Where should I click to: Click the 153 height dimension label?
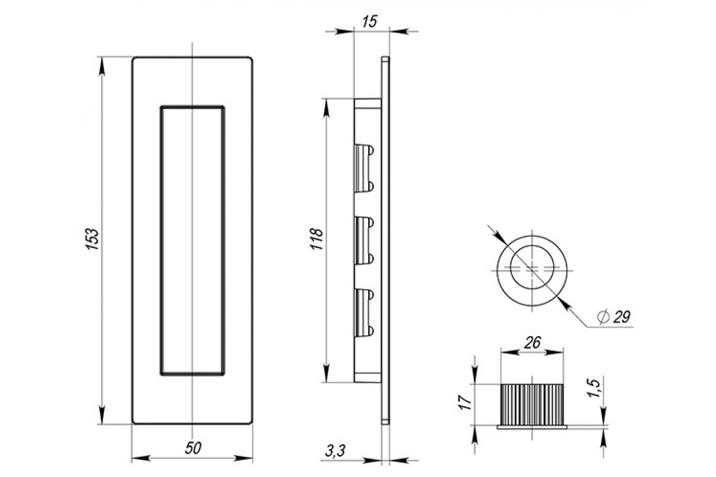pyautogui.click(x=92, y=238)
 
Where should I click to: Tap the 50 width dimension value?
pyautogui.click(x=193, y=448)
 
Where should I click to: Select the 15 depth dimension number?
pyautogui.click(x=369, y=21)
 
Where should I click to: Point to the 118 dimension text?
pyautogui.click(x=317, y=238)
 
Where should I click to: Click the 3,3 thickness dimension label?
pyautogui.click(x=335, y=451)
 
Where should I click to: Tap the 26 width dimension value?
pyautogui.click(x=532, y=343)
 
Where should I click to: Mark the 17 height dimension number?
pyautogui.click(x=465, y=402)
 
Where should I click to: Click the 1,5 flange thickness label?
pyautogui.click(x=594, y=388)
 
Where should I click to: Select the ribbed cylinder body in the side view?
pyautogui.click(x=532, y=405)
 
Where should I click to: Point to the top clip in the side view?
pyautogui.click(x=364, y=168)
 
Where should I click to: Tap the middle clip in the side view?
pyautogui.click(x=364, y=240)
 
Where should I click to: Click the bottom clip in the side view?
pyautogui.click(x=364, y=313)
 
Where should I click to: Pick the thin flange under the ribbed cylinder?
pyautogui.click(x=532, y=427)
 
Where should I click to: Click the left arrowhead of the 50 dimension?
pyautogui.click(x=141, y=459)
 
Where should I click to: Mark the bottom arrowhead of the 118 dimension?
pyautogui.click(x=326, y=373)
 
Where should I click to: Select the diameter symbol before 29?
pyautogui.click(x=603, y=317)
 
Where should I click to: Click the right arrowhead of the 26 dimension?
pyautogui.click(x=554, y=352)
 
